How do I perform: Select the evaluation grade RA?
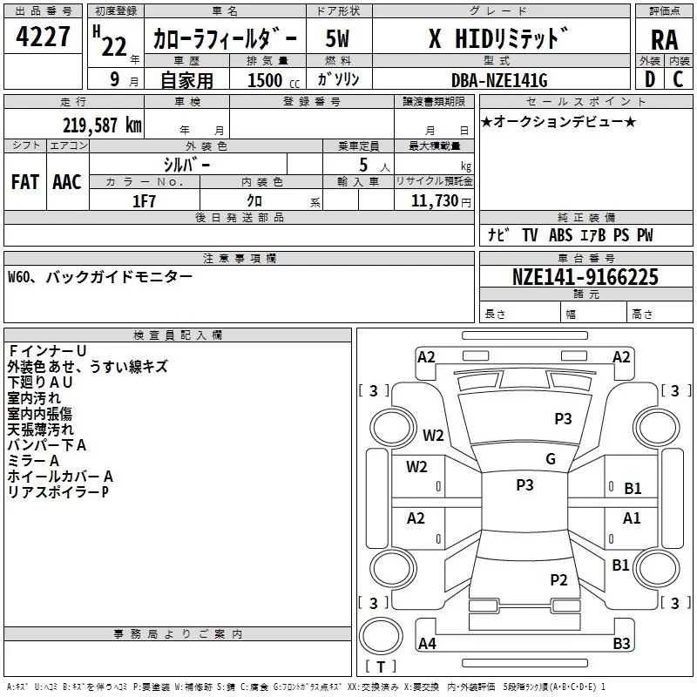(x=664, y=40)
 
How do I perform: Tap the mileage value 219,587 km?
(x=103, y=125)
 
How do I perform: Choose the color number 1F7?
(x=144, y=200)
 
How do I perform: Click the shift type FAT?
(x=25, y=181)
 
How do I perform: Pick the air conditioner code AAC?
(x=67, y=181)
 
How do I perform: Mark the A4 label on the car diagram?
(x=427, y=644)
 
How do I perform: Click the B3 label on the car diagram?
(x=621, y=644)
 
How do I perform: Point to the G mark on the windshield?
(x=551, y=459)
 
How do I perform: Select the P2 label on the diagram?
(x=558, y=579)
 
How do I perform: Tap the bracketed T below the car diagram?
(x=380, y=667)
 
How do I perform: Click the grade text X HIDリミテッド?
(x=497, y=39)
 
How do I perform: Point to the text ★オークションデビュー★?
(x=558, y=121)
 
